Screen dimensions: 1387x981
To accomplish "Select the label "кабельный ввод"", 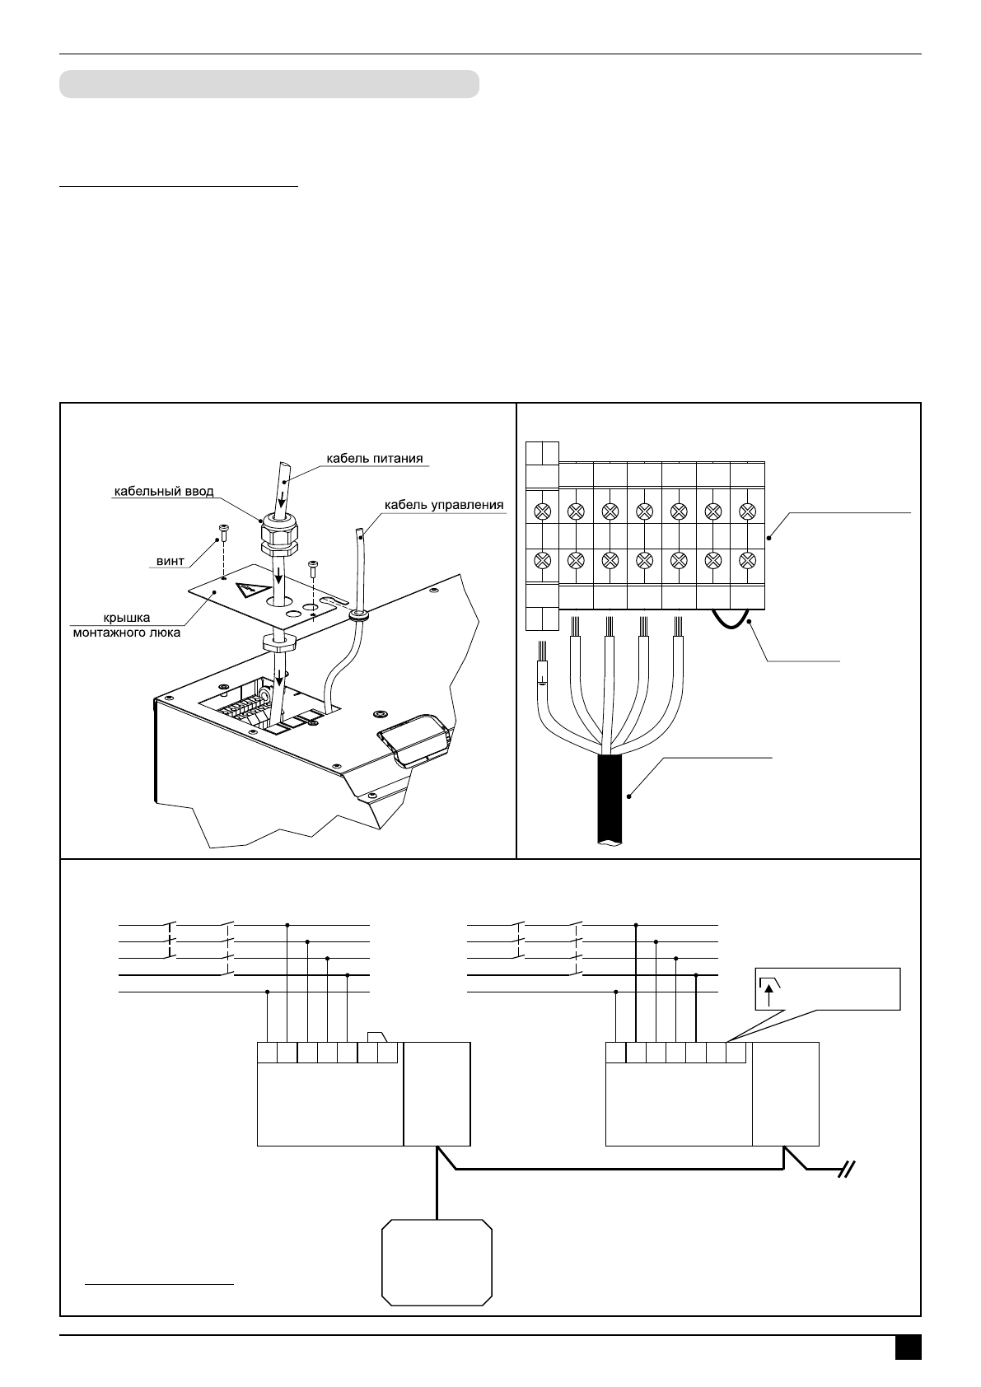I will pyautogui.click(x=163, y=492).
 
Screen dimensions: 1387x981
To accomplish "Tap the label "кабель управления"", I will pyautogui.click(x=444, y=504).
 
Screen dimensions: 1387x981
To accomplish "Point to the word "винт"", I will pyautogui.click(x=171, y=561).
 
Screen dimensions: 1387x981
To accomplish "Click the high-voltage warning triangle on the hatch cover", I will pyautogui.click(x=247, y=590).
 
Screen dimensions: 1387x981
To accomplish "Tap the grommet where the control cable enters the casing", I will pyautogui.click(x=359, y=614).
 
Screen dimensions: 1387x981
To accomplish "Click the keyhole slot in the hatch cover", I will pyautogui.click(x=328, y=603).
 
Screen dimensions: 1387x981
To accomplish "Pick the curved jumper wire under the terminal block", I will pyautogui.click(x=731, y=620).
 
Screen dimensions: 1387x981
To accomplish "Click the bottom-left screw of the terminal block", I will pyautogui.click(x=542, y=561).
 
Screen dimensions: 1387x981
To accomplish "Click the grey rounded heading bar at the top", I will pyautogui.click(x=269, y=84).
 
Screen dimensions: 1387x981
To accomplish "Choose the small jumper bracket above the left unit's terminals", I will pyautogui.click(x=377, y=1037).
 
